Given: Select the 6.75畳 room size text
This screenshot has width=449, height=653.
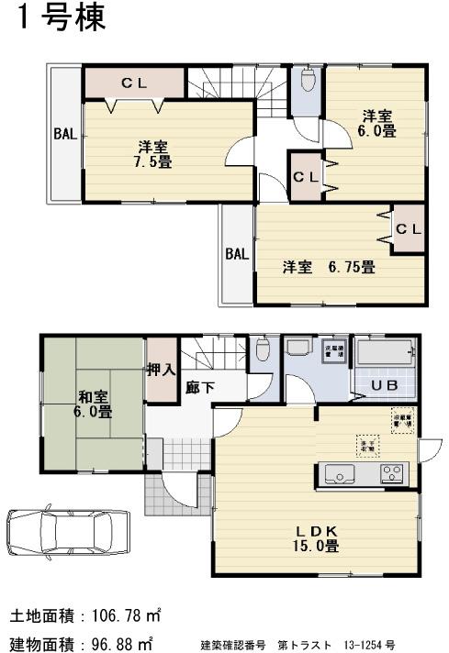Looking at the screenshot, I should coord(354,268).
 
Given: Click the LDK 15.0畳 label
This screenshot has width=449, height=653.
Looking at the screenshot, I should coord(318,538).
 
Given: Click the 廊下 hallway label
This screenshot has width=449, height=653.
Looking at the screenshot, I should coord(200,387).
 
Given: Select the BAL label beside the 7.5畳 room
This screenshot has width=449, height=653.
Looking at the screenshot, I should coord(64,134).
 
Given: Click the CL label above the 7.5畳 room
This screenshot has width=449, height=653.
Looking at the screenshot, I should coord(135,83).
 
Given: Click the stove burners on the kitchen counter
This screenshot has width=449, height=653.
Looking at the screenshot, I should coord(392,474).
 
